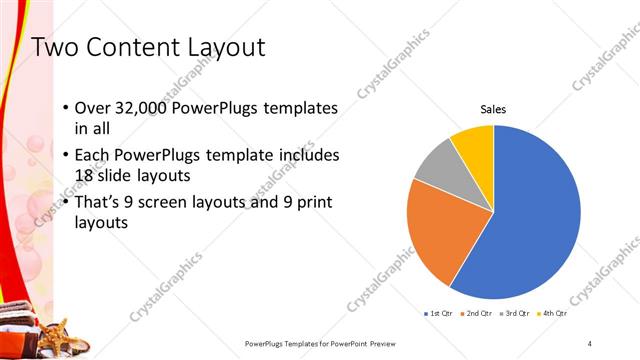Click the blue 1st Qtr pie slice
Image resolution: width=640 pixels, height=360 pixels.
(x=530, y=220)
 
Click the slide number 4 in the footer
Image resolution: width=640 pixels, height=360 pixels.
(x=590, y=343)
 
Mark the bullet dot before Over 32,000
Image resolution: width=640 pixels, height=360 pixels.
(x=65, y=108)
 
